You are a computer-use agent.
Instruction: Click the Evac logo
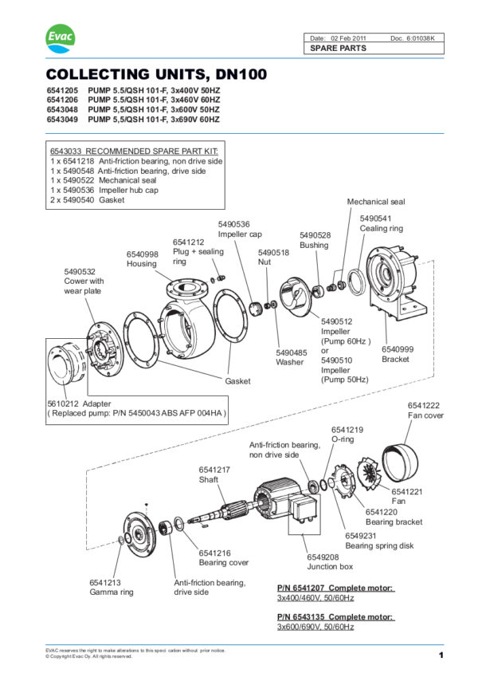pyautogui.click(x=60, y=38)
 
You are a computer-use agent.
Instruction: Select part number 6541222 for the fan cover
pyautogui.click(x=423, y=405)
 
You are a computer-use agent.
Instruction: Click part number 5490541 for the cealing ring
pyautogui.click(x=375, y=218)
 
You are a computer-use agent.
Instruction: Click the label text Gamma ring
pyautogui.click(x=111, y=592)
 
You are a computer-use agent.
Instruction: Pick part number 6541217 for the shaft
pyautogui.click(x=214, y=470)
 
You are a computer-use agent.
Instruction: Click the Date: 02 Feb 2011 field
pyautogui.click(x=338, y=38)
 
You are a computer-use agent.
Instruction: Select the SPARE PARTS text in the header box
pyautogui.click(x=339, y=49)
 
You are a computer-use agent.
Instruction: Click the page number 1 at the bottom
pyautogui.click(x=440, y=655)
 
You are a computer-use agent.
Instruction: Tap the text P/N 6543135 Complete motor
pyautogui.click(x=335, y=616)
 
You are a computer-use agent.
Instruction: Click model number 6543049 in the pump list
pyautogui.click(x=64, y=119)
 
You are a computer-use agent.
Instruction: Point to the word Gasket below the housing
pyautogui.click(x=237, y=381)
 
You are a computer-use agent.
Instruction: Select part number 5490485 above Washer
pyautogui.click(x=292, y=352)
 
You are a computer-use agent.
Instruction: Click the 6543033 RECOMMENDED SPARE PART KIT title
pyautogui.click(x=133, y=151)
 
